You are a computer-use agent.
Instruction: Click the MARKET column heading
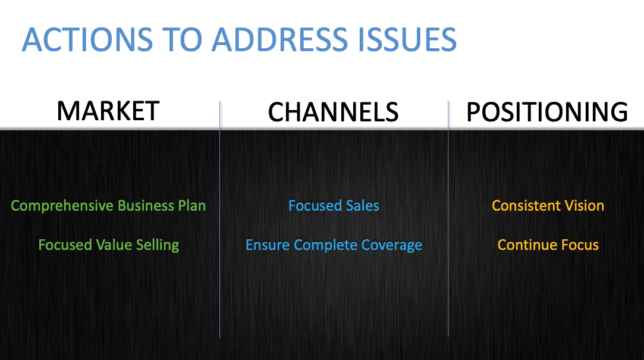click(108, 111)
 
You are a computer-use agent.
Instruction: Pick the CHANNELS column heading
click(333, 112)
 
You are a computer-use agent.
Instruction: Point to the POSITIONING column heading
click(546, 112)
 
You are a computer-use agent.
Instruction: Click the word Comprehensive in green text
click(62, 206)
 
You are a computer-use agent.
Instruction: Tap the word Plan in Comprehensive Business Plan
click(191, 206)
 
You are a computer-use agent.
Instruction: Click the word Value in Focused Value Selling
click(112, 245)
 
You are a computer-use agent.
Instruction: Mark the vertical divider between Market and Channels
click(220, 238)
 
